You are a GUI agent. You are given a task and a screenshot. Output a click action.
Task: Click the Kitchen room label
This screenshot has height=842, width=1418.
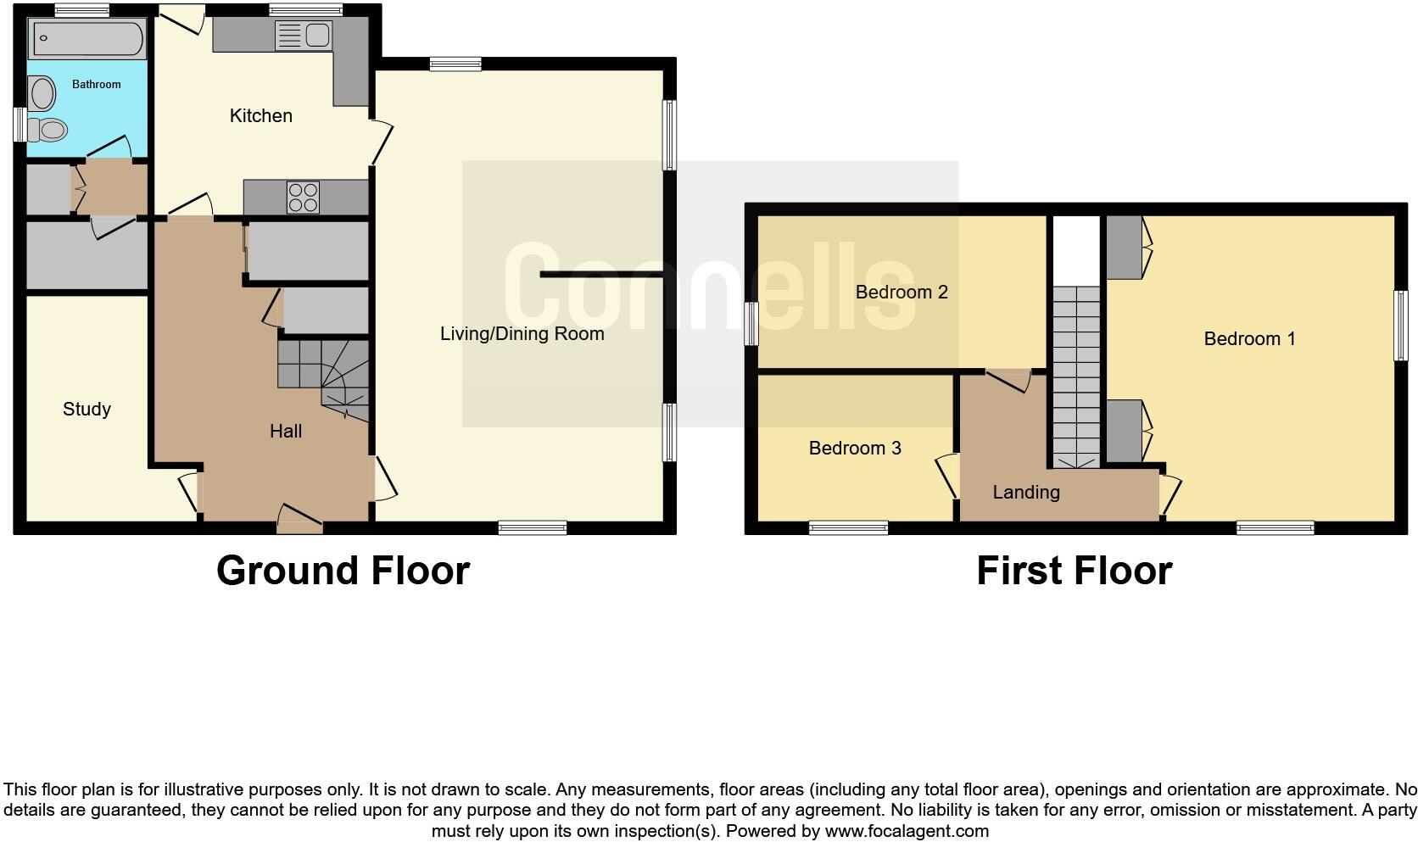tap(260, 116)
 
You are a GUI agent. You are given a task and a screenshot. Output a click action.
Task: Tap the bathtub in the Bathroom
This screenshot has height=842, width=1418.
tap(87, 39)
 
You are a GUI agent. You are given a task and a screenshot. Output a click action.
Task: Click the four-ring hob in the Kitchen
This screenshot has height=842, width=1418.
tap(304, 197)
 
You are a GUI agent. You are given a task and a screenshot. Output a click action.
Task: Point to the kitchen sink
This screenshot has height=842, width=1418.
tap(304, 36)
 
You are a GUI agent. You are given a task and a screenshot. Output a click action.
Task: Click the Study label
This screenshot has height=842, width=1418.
tap(87, 410)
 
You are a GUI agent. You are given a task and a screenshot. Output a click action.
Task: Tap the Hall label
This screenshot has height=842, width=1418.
tap(286, 432)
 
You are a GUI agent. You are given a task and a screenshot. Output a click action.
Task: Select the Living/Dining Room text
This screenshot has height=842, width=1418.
tap(522, 334)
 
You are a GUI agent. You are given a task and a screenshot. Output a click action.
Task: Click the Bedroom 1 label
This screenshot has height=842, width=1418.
tap(1249, 339)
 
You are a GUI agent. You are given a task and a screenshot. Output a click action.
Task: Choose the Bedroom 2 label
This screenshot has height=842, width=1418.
tap(901, 293)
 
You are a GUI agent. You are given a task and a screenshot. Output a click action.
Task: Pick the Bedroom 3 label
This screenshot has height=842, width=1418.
tap(854, 449)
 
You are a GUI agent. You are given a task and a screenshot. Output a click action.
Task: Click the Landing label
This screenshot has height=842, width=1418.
tap(1025, 493)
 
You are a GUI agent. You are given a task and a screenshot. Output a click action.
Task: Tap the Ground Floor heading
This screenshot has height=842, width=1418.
tap(343, 571)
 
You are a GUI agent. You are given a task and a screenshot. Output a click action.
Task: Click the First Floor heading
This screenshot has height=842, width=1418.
tap(1074, 571)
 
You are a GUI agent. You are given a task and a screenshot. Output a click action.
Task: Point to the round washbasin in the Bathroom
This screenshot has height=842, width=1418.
tap(40, 93)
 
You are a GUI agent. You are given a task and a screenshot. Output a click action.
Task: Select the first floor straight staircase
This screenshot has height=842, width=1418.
tap(1076, 373)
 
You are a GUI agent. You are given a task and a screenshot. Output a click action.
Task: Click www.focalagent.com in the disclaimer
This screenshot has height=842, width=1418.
tap(907, 831)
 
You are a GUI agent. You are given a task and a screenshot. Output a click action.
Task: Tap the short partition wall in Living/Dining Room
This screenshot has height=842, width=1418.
tap(601, 275)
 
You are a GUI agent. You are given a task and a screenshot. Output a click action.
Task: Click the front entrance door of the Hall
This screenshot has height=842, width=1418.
tap(299, 518)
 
